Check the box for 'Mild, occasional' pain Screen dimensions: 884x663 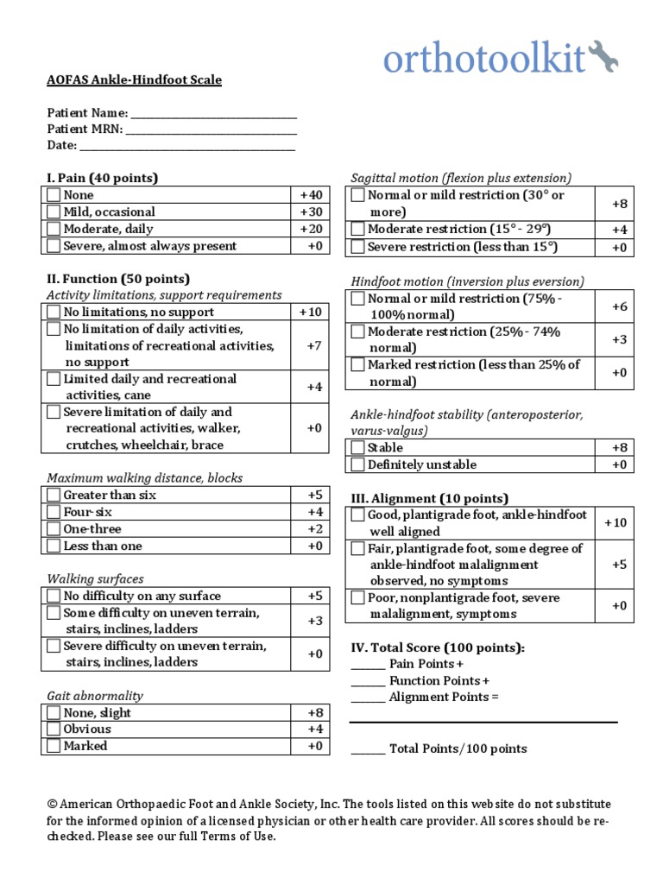pos(54,212)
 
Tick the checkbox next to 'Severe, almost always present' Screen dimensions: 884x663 pos(54,246)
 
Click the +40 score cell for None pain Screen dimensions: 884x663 pos(310,195)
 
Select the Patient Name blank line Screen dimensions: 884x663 pos(213,114)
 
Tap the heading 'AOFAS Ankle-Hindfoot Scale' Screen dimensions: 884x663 pos(134,80)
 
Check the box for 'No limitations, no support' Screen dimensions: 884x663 pos(54,313)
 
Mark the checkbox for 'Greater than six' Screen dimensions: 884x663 pos(54,496)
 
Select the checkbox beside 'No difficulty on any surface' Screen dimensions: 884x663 pos(54,597)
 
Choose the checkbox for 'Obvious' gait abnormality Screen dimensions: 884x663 pos(54,729)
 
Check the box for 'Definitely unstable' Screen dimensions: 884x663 pos(358,465)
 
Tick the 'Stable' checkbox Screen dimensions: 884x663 pos(358,448)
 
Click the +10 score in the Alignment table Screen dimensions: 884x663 pos(616,523)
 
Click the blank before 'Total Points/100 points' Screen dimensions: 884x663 pos(368,749)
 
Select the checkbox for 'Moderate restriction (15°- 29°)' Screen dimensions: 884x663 pos(358,230)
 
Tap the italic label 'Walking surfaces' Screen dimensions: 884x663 pos(95,579)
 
